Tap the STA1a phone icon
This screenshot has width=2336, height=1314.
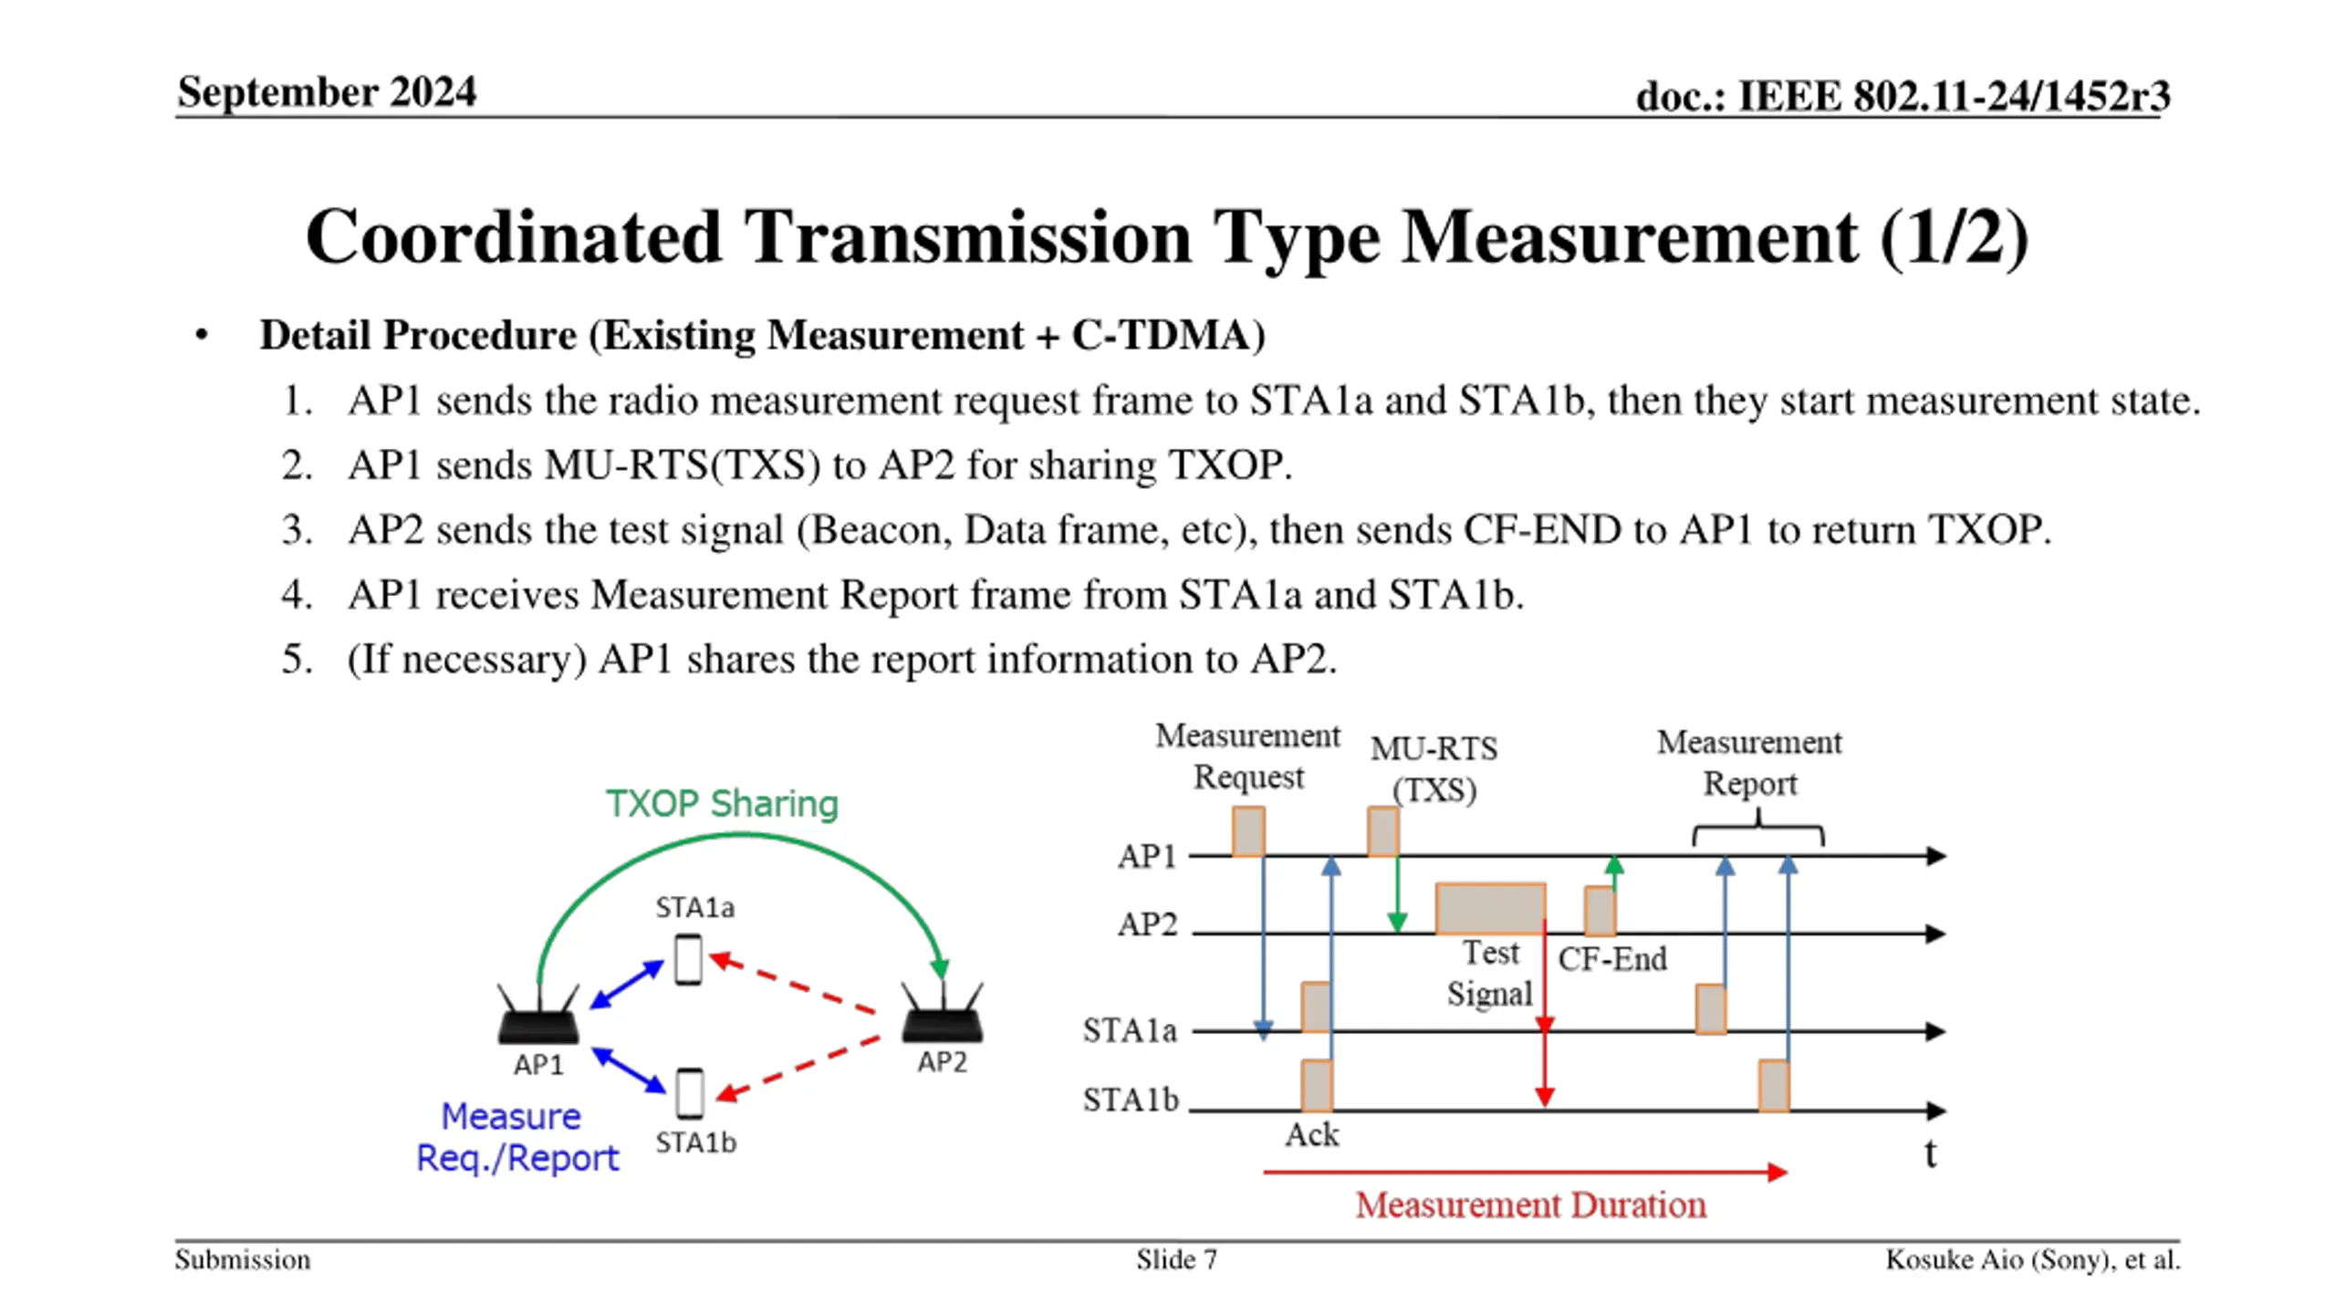[688, 959]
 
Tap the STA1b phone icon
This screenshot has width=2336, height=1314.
[690, 1093]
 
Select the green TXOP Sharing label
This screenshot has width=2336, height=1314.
[722, 804]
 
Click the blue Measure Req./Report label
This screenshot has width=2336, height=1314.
[517, 1137]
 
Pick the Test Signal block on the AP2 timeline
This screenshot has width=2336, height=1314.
[1490, 909]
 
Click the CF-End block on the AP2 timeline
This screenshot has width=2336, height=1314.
[1600, 911]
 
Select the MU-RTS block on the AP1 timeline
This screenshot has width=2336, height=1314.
[1382, 831]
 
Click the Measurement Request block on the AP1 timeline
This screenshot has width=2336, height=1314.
[1248, 831]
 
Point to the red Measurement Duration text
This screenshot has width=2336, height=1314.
[1530, 1205]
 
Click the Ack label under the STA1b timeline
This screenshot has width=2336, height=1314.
[1312, 1135]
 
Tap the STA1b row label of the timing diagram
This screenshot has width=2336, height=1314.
[1131, 1100]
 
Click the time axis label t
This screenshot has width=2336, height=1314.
[1931, 1154]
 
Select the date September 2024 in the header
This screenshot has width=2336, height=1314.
[327, 92]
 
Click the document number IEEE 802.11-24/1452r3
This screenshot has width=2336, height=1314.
[1953, 96]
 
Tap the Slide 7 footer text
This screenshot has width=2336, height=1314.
[1176, 1260]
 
